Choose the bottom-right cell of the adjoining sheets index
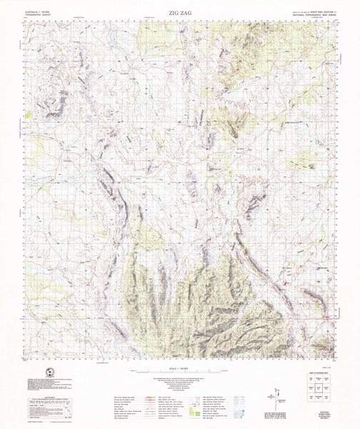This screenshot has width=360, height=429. point(328,400)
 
